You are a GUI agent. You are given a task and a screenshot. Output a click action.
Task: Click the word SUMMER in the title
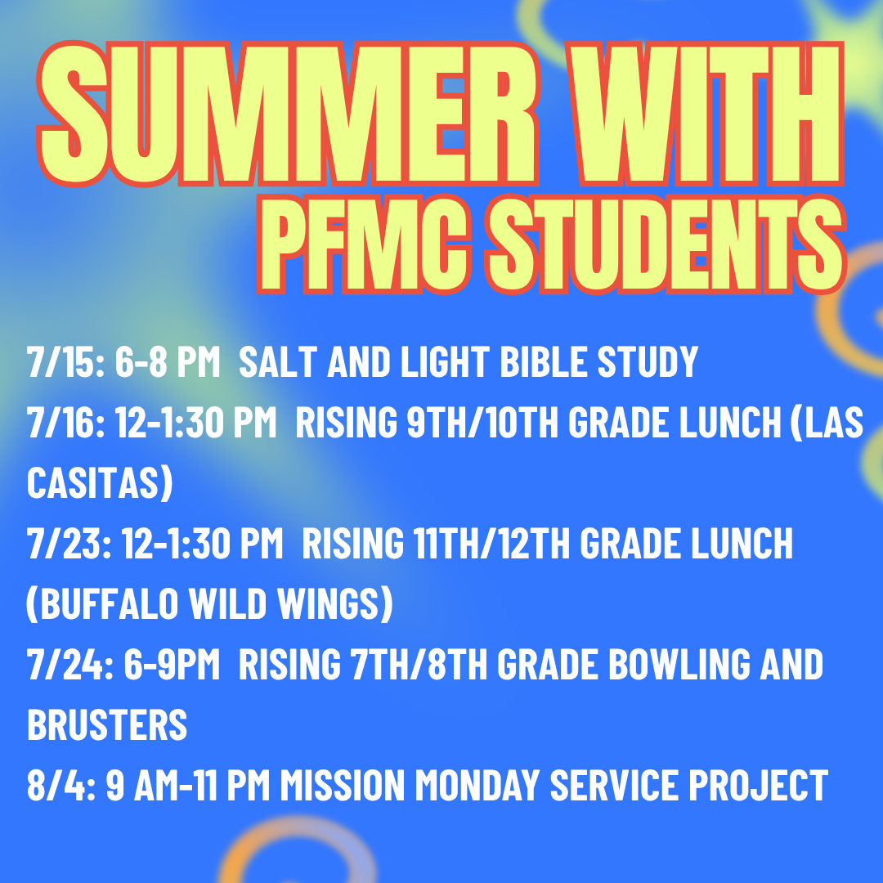287,114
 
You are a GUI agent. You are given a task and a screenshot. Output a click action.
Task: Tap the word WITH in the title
705,114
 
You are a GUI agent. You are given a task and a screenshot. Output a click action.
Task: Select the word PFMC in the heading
365,244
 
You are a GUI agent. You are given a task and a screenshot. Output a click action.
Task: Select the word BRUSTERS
107,724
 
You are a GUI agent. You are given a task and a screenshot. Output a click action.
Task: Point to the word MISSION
343,785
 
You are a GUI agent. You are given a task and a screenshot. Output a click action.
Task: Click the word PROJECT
759,785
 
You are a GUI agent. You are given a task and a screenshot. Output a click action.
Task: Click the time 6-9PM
172,665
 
